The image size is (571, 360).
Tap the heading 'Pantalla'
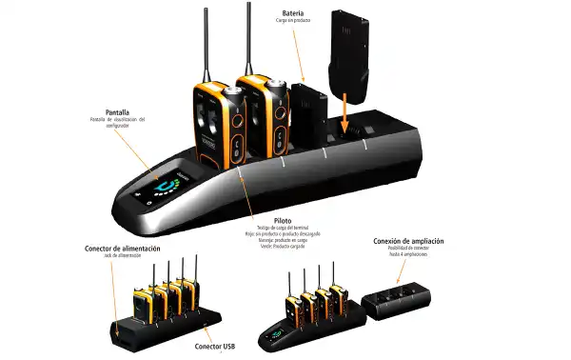(x=117, y=111)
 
